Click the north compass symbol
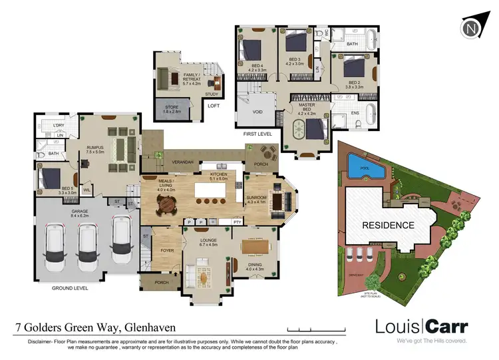pos(472,29)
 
